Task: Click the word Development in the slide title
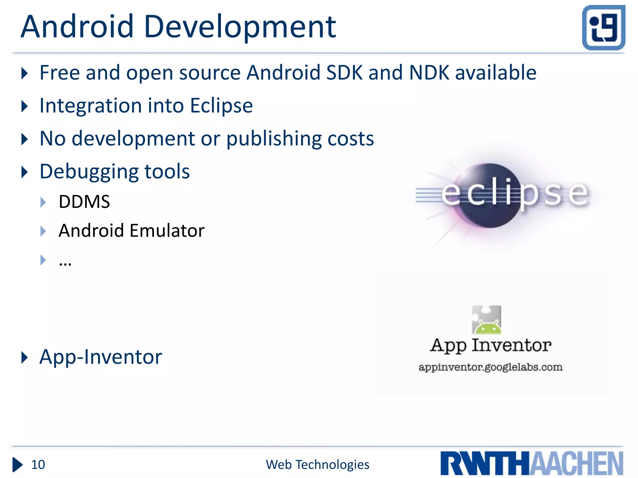[240, 27]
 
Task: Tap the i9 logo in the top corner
[603, 27]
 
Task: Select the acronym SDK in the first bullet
[344, 73]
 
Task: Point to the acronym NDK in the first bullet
[429, 73]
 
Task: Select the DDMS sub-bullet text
[84, 202]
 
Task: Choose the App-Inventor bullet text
[101, 357]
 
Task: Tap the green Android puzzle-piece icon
[486, 320]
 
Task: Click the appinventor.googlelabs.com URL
[490, 367]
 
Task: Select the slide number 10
[38, 465]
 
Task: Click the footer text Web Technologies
[317, 465]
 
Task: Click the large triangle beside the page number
[17, 465]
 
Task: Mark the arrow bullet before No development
[25, 139]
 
